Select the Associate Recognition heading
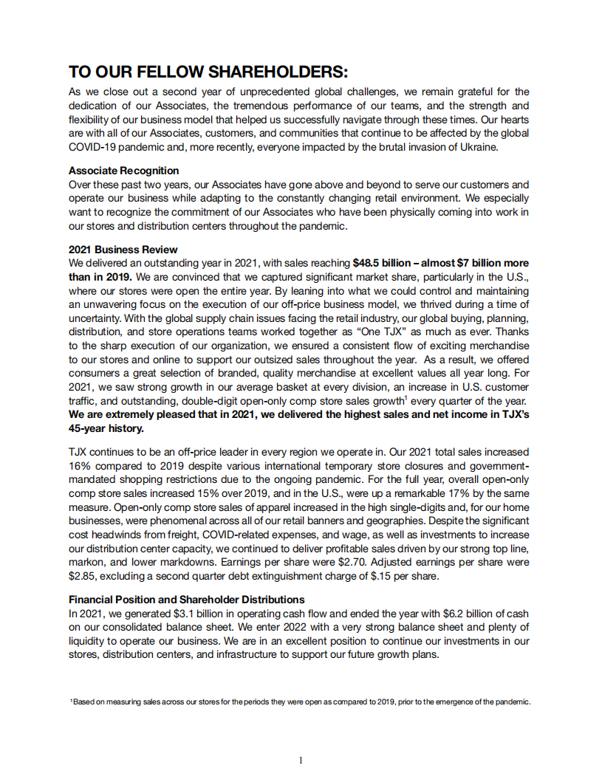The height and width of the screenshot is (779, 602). [x=123, y=171]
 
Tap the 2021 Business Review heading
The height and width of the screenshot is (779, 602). [x=123, y=250]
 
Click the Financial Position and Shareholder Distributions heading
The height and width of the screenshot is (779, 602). [x=186, y=600]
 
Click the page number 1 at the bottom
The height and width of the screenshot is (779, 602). [x=301, y=760]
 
